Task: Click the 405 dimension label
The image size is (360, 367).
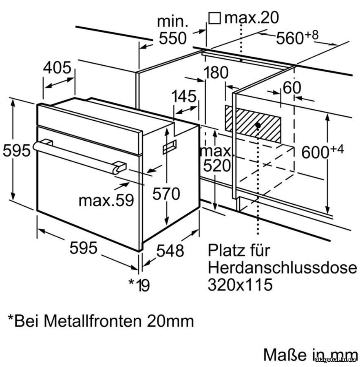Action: click(57, 68)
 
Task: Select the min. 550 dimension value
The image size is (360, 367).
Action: click(172, 38)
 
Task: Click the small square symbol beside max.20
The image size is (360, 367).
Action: click(214, 18)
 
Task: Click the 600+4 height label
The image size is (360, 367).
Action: click(322, 152)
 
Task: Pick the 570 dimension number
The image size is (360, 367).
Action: click(166, 194)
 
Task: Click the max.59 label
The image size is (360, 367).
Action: click(106, 200)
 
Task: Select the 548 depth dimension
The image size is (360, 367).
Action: click(170, 250)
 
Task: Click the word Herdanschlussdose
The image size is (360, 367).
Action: click(282, 268)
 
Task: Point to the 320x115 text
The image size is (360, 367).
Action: click(240, 285)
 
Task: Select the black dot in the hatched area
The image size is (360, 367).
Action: click(258, 124)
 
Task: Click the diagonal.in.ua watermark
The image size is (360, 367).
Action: click(337, 359)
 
